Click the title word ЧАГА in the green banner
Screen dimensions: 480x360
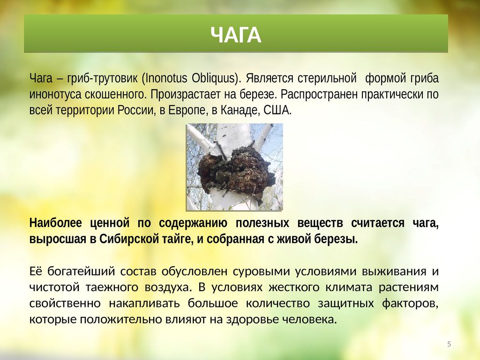coord(236,35)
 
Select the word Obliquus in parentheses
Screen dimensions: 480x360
coord(213,78)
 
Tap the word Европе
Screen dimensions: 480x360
coord(187,110)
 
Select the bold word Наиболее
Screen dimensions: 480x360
coord(56,223)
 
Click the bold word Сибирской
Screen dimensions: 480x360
coord(128,239)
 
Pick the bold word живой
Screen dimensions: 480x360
coord(294,239)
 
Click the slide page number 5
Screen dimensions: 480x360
coord(449,344)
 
